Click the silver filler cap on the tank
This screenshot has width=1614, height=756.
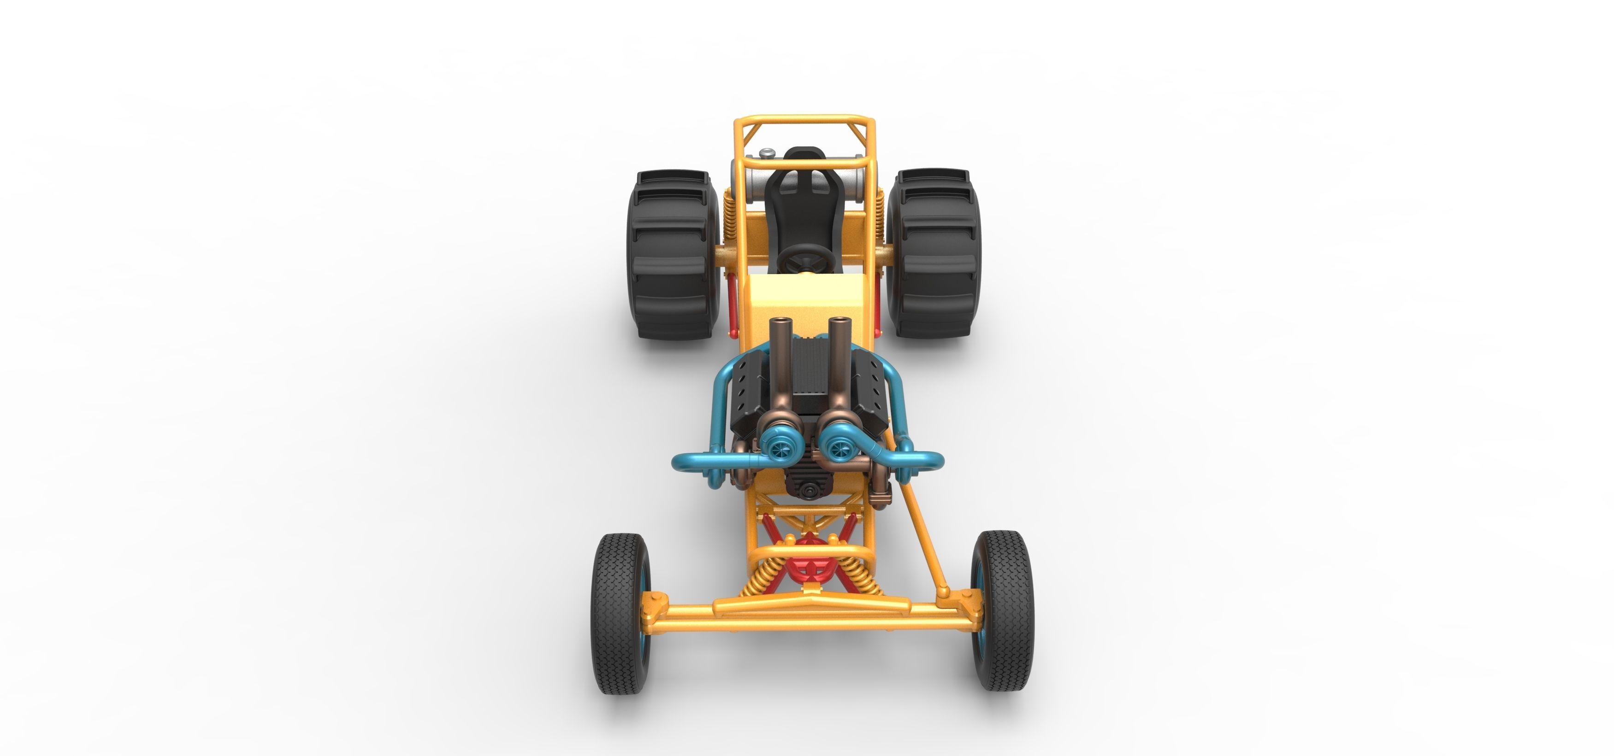[766, 153]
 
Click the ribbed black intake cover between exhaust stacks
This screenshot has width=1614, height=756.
[810, 363]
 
